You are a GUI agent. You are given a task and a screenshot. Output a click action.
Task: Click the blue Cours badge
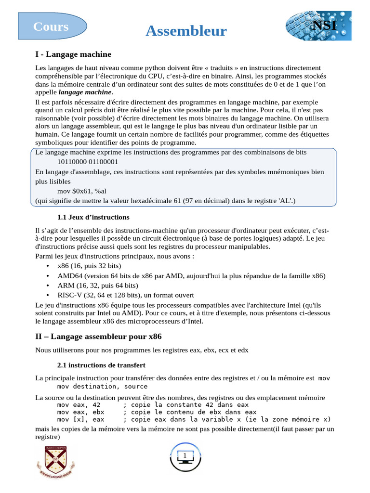(x=52, y=26)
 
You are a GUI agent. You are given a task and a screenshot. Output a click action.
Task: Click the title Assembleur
(x=186, y=31)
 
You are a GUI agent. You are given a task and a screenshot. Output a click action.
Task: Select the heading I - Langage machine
(x=73, y=54)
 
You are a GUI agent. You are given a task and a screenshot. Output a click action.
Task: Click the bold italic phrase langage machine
(x=85, y=92)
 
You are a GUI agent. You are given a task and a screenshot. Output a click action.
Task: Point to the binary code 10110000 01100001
(x=88, y=162)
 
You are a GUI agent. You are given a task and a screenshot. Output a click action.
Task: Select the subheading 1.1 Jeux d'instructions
(x=93, y=217)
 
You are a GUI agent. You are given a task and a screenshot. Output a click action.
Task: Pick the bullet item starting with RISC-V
(x=125, y=295)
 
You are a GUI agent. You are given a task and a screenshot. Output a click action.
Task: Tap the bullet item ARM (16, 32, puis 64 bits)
(x=98, y=285)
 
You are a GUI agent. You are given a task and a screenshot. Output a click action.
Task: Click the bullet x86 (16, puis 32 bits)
(x=89, y=266)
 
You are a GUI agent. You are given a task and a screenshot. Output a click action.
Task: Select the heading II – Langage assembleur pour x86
(x=98, y=337)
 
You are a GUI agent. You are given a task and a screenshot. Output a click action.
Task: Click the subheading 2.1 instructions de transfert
(x=101, y=365)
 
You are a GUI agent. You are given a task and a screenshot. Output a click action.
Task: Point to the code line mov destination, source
(x=102, y=386)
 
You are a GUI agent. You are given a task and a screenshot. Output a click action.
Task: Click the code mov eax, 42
(x=79, y=405)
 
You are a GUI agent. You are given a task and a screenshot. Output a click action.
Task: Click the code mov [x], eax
(x=80, y=419)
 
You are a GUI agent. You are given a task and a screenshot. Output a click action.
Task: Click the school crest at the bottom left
(x=55, y=461)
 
